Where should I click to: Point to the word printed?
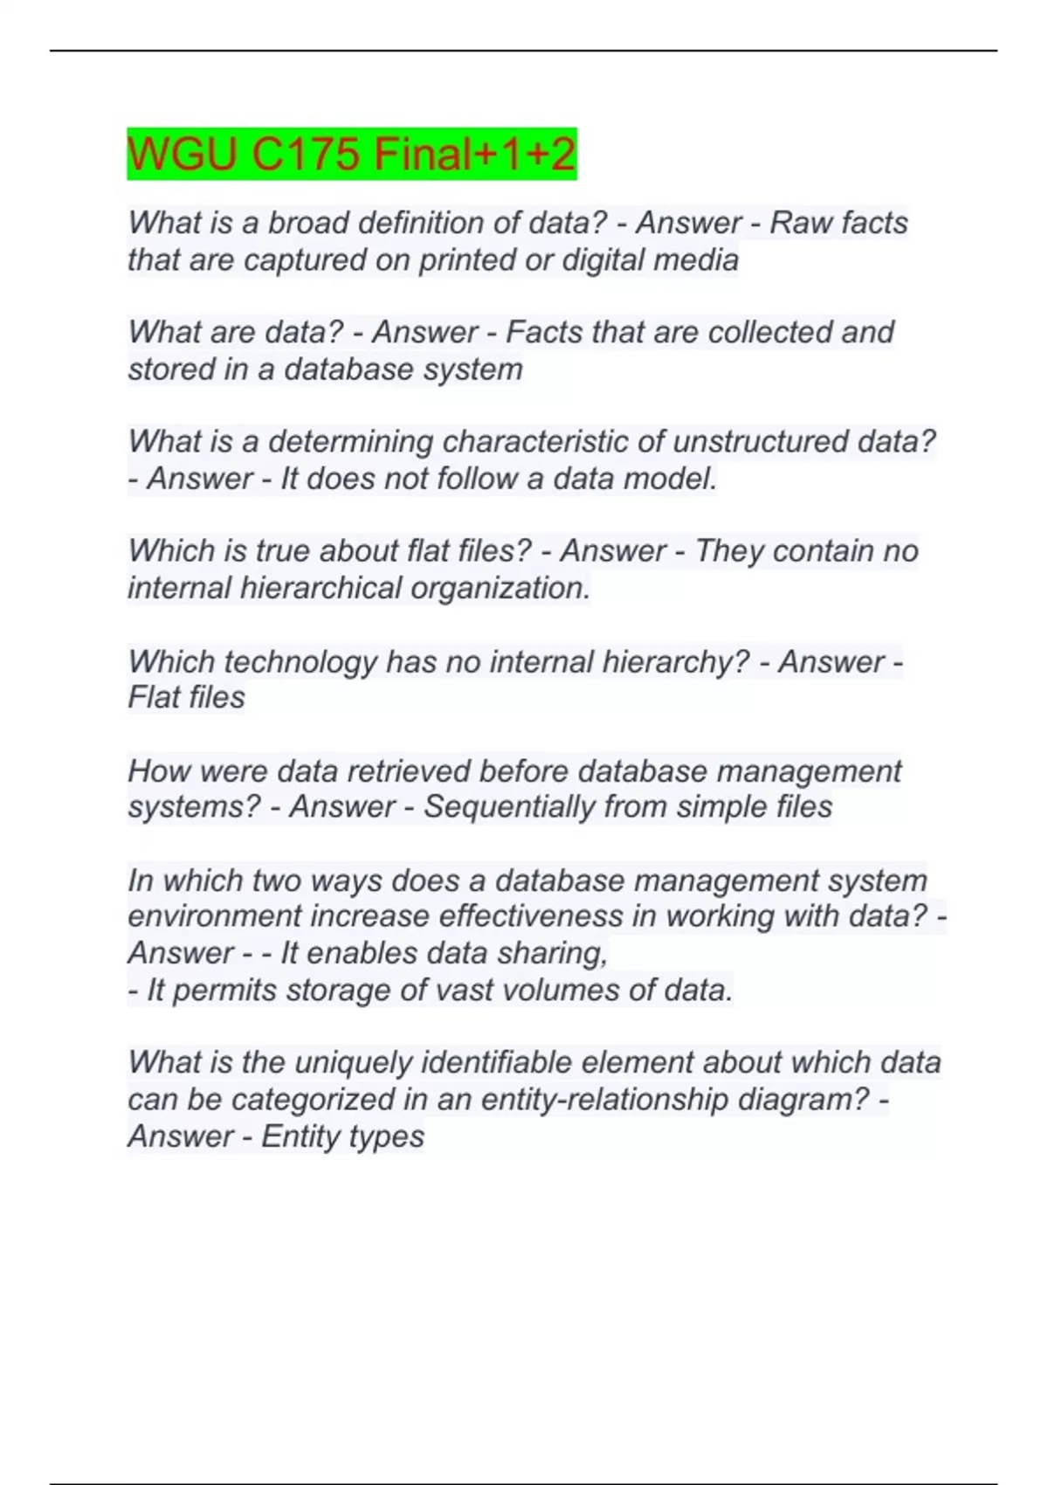click(470, 260)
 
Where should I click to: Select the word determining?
click(350, 442)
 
